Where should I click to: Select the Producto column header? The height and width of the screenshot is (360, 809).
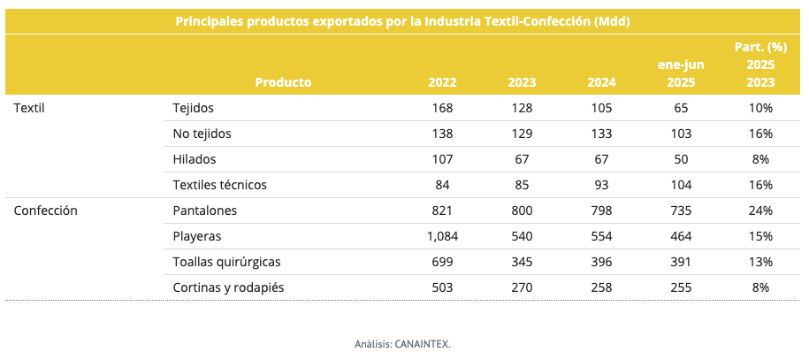point(283,82)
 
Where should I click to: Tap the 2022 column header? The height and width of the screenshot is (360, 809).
point(442,82)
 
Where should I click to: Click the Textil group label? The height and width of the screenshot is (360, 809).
point(29,108)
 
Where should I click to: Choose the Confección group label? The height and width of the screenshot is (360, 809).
point(46,211)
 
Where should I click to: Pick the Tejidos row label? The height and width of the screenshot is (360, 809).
point(193,108)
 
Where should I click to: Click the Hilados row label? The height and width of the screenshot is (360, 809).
point(195,159)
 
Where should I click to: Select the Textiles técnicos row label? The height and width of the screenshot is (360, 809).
point(219,185)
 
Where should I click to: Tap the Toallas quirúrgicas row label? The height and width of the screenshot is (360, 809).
point(226,262)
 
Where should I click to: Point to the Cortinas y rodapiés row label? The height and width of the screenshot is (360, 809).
point(228,287)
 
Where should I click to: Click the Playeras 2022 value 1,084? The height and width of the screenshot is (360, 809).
point(439,236)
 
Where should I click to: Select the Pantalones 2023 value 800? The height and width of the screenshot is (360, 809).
point(522,211)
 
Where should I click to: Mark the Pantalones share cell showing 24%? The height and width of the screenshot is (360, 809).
point(760,211)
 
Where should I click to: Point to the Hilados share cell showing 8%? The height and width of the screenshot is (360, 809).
point(760,159)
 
